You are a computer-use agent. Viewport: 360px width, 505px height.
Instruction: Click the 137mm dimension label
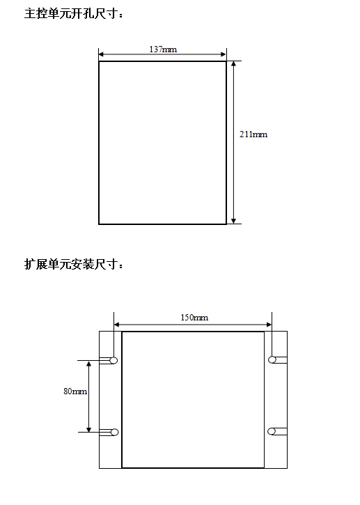(x=163, y=49)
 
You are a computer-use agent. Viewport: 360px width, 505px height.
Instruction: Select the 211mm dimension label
(x=253, y=134)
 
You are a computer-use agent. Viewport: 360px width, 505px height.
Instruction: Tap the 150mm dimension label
(x=194, y=318)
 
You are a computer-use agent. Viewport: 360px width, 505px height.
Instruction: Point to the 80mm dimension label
(x=75, y=391)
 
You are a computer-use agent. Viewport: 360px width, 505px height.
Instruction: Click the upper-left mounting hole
(x=114, y=360)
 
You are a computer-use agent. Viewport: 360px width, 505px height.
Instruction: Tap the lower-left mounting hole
(x=114, y=433)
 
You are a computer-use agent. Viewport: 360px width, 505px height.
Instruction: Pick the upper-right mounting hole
(x=272, y=359)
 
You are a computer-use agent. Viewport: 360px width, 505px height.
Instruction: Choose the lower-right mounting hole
(x=272, y=431)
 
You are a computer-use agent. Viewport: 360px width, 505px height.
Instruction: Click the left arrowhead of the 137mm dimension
(x=101, y=54)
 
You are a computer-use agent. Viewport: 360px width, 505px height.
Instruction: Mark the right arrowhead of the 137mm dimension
(x=224, y=54)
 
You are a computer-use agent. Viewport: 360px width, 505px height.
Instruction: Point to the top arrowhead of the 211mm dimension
(x=234, y=63)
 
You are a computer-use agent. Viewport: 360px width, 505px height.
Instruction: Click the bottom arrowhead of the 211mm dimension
(x=234, y=221)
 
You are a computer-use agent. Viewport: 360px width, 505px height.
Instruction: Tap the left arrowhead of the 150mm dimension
(x=117, y=325)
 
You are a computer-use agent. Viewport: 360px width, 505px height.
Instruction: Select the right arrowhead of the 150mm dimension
(x=269, y=325)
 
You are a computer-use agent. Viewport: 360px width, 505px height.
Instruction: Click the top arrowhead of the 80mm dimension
(x=89, y=364)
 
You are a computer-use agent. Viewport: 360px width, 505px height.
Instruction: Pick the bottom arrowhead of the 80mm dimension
(x=89, y=429)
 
